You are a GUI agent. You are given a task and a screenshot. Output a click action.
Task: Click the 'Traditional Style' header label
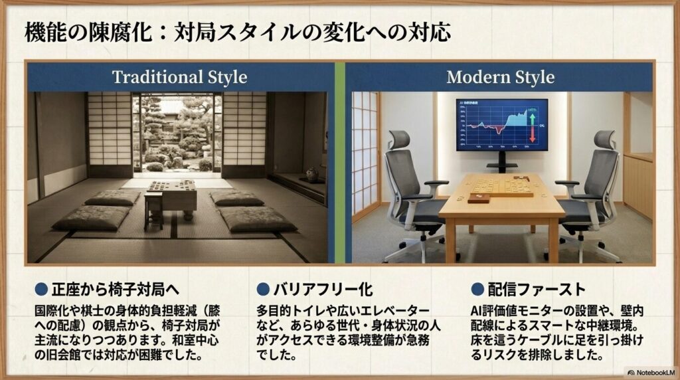coord(179,77)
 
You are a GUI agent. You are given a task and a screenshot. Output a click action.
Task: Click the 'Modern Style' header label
coord(500,77)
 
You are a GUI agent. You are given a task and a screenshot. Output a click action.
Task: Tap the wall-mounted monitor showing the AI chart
coord(501,125)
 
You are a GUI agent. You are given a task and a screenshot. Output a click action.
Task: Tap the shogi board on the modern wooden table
coord(503,187)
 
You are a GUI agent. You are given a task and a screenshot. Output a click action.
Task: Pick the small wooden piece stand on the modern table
coord(479,198)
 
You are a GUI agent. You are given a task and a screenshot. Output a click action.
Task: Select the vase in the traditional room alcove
coord(311,174)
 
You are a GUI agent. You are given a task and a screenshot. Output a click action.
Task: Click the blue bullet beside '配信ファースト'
coord(477,290)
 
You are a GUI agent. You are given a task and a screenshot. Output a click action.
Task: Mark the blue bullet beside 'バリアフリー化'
coord(263,290)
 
